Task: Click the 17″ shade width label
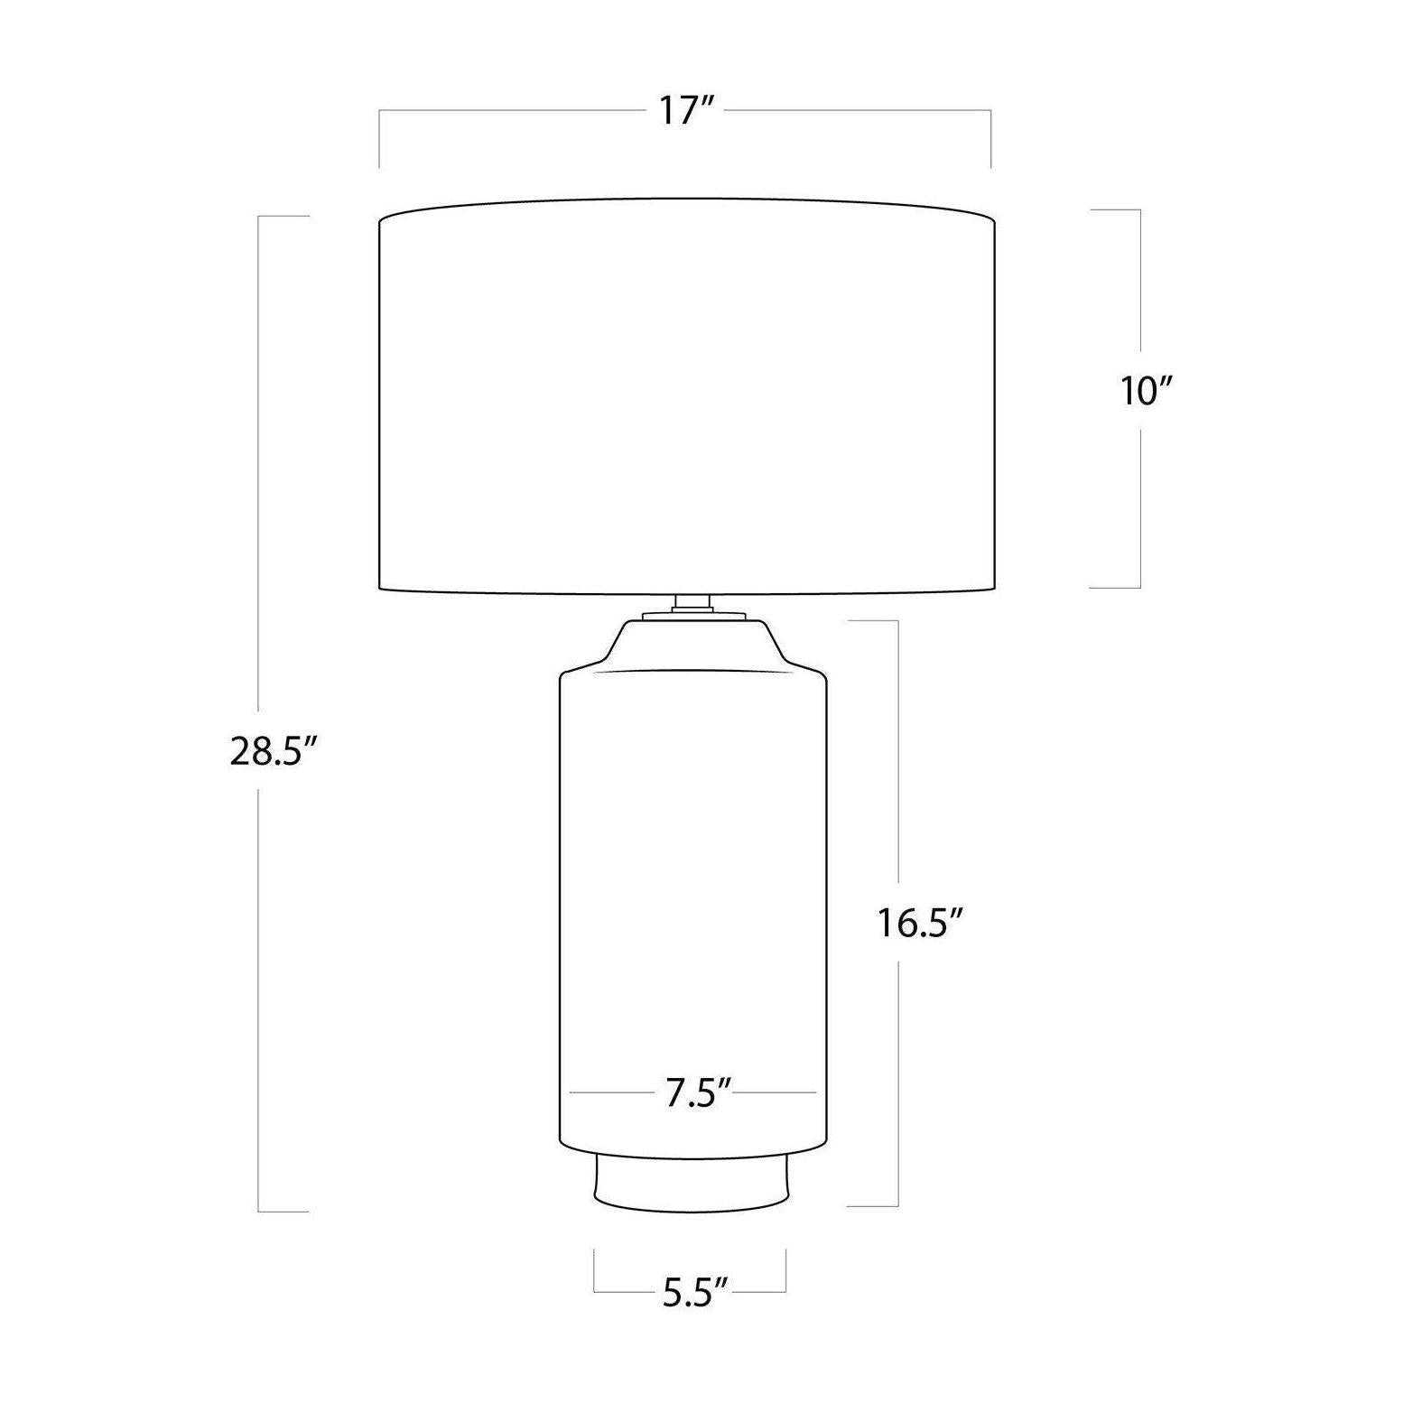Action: click(686, 111)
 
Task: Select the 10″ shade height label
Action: click(1147, 391)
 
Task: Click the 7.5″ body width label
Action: click(697, 1093)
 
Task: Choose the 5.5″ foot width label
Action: click(695, 1294)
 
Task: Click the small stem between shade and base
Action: click(692, 603)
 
